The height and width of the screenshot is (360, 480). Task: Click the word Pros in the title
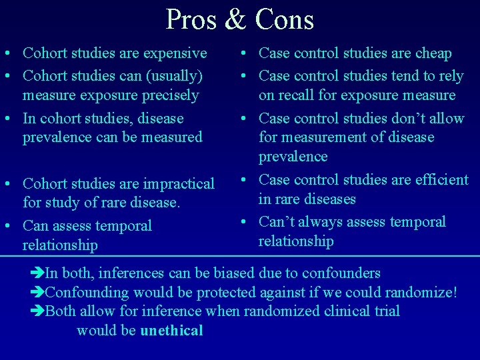(192, 19)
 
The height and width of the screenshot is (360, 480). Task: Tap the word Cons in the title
(283, 19)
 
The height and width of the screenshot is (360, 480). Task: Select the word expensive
(175, 53)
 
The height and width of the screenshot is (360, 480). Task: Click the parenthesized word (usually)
(171, 76)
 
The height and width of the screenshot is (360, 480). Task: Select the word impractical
(177, 183)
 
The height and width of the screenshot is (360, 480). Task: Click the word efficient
(437, 179)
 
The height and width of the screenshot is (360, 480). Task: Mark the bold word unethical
(171, 331)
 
